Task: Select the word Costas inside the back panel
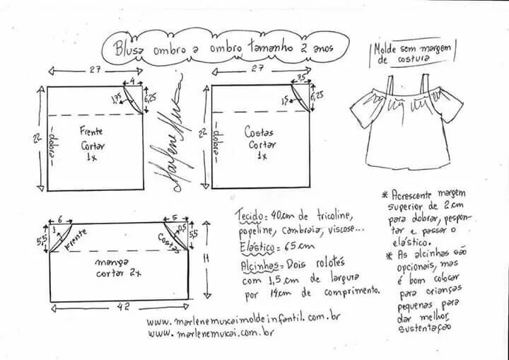click(259, 132)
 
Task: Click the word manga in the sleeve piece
click(109, 262)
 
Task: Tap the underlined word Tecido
click(249, 214)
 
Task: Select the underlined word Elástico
click(255, 248)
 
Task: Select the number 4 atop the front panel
click(132, 81)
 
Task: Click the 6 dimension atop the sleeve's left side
click(60, 220)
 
